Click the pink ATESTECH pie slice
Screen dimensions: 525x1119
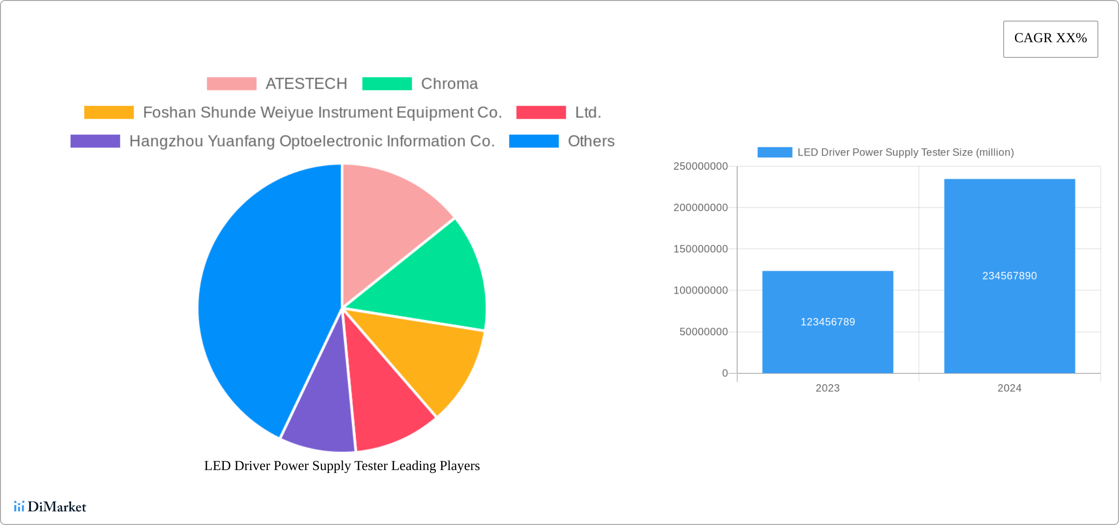[x=388, y=221]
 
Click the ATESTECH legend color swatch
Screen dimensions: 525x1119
[x=231, y=84]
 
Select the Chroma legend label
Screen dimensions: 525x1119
[x=449, y=84]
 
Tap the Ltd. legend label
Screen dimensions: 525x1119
[x=588, y=112]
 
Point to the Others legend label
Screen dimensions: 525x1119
[x=591, y=141]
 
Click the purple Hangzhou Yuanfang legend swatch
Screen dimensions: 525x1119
[x=95, y=141]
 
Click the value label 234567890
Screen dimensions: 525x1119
[x=1010, y=276]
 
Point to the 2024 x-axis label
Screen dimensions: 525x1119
[x=1010, y=388]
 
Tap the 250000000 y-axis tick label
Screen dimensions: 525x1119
[x=700, y=166]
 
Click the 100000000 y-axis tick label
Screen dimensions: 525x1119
[x=700, y=290]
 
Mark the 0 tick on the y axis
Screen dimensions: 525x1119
[x=725, y=373]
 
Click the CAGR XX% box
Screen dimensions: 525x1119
[x=1050, y=39]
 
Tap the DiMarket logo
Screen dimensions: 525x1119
[x=50, y=506]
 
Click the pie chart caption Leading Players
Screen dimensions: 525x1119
[x=342, y=466]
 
